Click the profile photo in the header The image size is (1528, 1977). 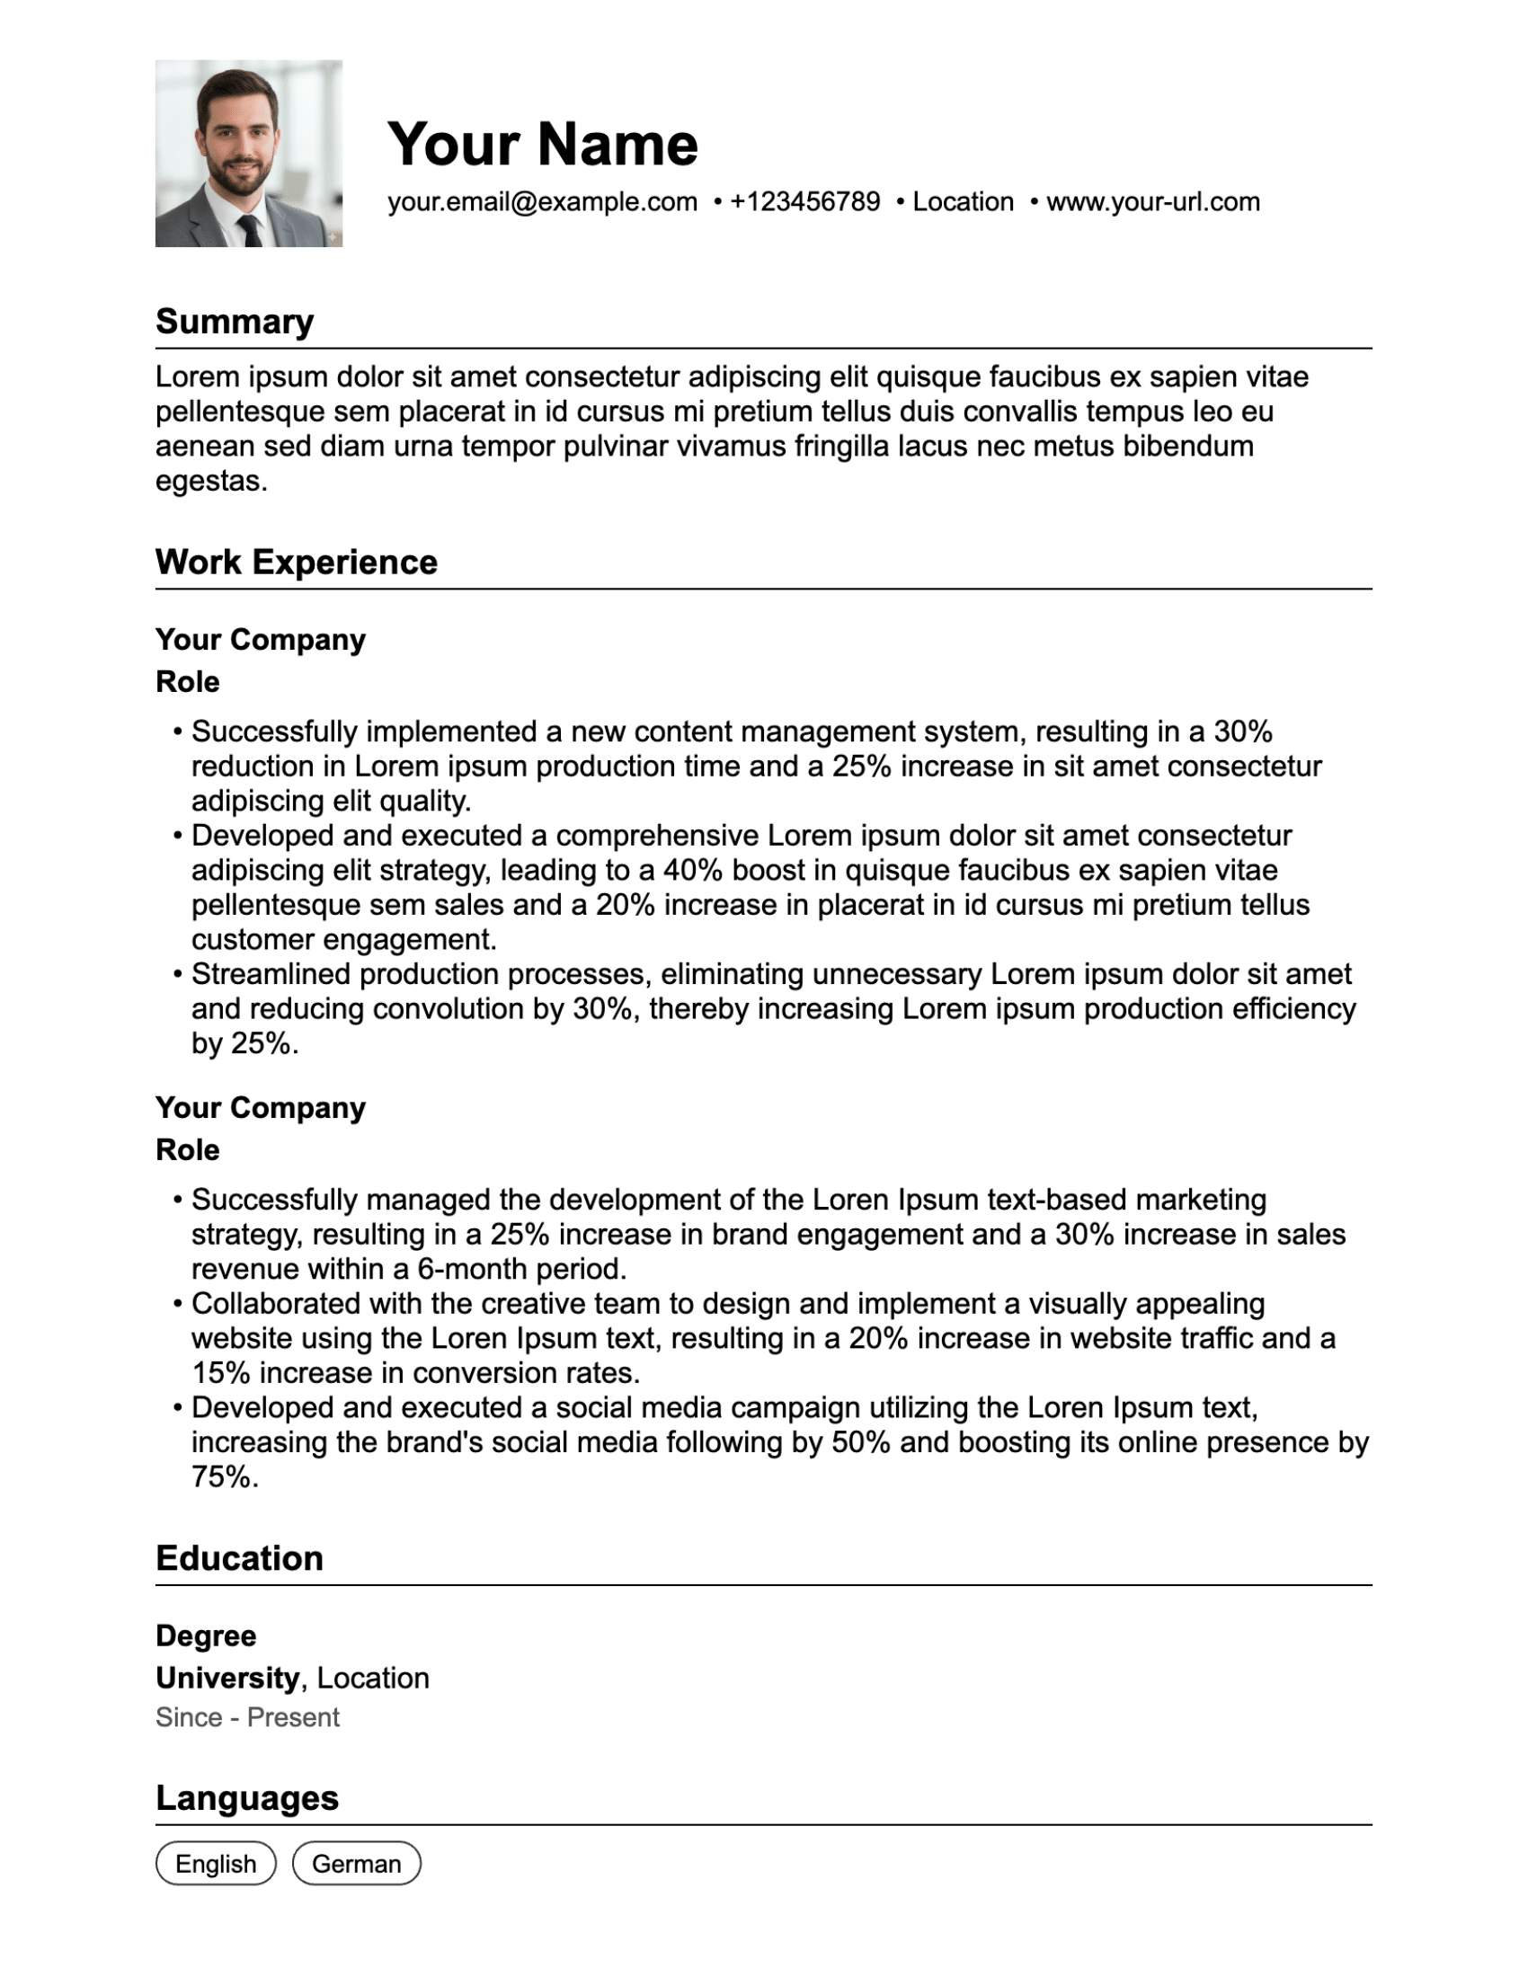248,153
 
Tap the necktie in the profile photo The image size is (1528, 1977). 250,230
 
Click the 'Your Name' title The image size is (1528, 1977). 542,144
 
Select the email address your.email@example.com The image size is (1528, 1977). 542,202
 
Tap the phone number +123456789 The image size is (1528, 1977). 804,202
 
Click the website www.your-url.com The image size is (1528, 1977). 1152,202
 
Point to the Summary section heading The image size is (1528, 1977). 235,322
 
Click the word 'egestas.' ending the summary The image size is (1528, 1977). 212,482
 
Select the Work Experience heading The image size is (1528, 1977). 296,563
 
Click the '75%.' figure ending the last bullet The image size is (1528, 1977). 225,1477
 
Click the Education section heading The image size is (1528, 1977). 239,1558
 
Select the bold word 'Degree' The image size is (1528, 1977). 206,1636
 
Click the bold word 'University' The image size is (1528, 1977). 227,1678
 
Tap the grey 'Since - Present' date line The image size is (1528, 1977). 247,1717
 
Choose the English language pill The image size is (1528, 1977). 216,1864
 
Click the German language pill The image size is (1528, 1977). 356,1864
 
